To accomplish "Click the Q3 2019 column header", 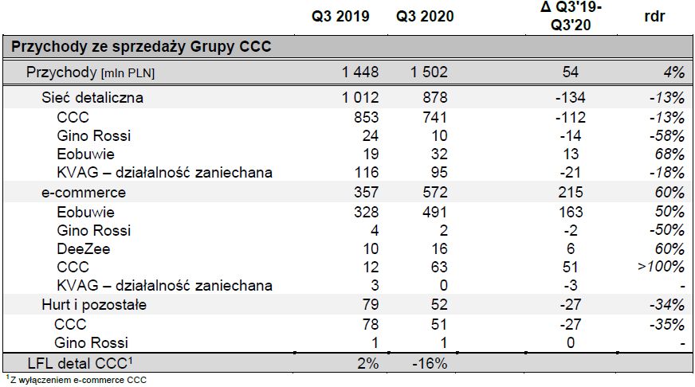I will (340, 17).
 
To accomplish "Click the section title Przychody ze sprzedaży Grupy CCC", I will (141, 47).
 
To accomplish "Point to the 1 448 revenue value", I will (360, 72).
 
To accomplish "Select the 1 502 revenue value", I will (430, 72).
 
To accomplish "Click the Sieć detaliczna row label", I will (92, 98).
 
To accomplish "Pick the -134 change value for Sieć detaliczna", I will (569, 98).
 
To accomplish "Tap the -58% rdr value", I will (666, 135).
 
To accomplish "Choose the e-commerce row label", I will (84, 192).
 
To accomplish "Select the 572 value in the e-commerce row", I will (435, 192).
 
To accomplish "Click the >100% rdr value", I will (661, 267).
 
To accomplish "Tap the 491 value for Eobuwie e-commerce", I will (435, 211).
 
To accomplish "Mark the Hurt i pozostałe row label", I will (94, 305).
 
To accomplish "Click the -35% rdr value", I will (666, 324).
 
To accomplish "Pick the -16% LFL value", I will (430, 363).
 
